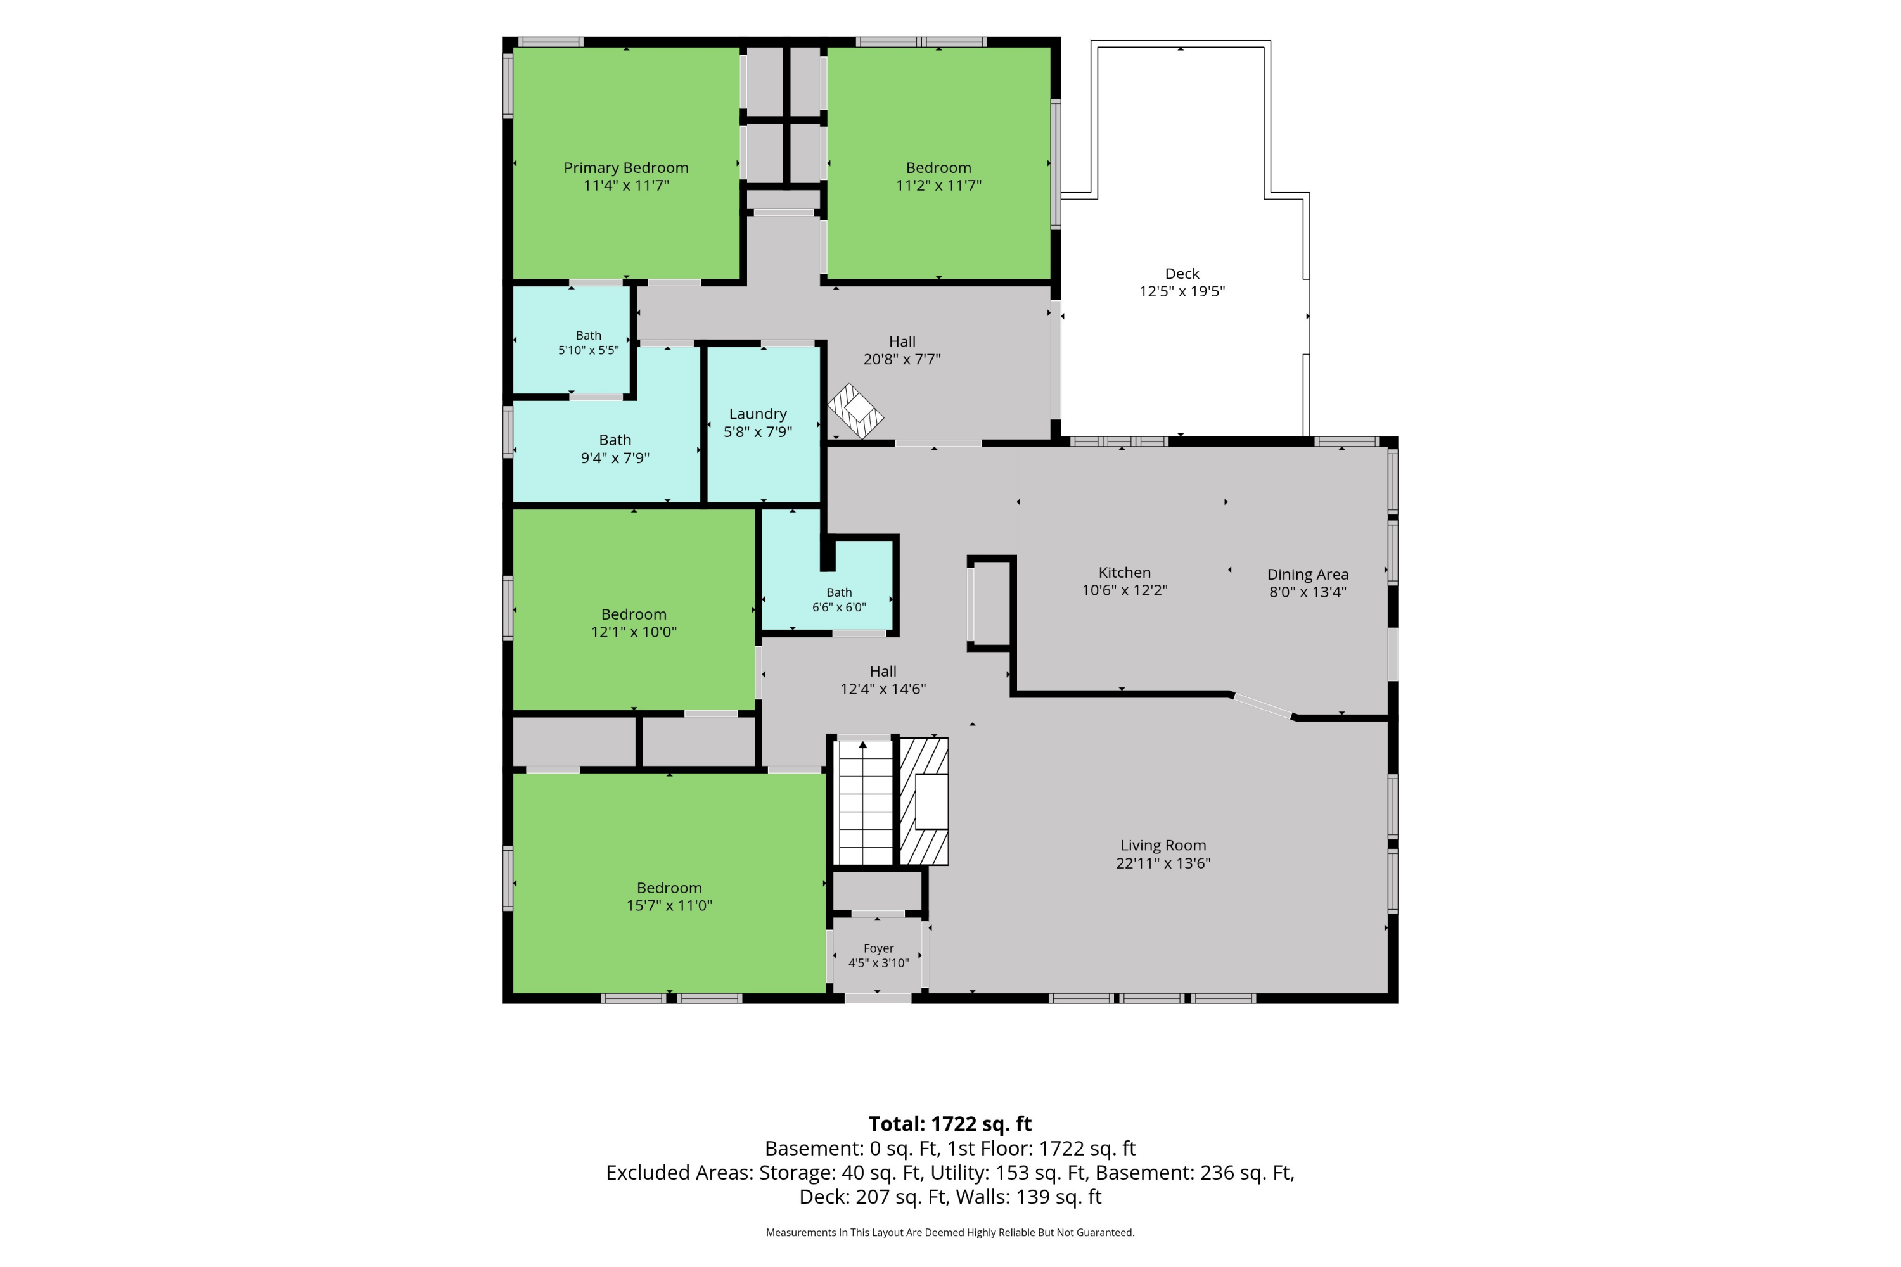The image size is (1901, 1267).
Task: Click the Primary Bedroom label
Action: click(627, 168)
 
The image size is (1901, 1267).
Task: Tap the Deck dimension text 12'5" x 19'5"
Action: click(1182, 291)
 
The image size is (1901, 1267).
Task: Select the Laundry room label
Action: click(757, 414)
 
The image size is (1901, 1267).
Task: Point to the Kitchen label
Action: click(1124, 572)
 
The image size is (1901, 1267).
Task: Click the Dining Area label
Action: click(1308, 575)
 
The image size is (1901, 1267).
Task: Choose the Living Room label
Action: click(1163, 845)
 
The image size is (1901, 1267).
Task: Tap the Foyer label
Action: click(878, 948)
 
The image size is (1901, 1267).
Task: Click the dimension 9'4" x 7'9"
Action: click(615, 458)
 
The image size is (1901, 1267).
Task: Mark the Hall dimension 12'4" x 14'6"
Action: click(883, 689)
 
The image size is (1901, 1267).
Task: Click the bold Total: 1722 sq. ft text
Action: click(951, 1124)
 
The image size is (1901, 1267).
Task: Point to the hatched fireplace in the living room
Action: click(924, 801)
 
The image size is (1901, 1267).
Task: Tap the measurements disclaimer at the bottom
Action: click(951, 1232)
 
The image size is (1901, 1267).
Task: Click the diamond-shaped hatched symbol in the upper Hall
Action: click(855, 411)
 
